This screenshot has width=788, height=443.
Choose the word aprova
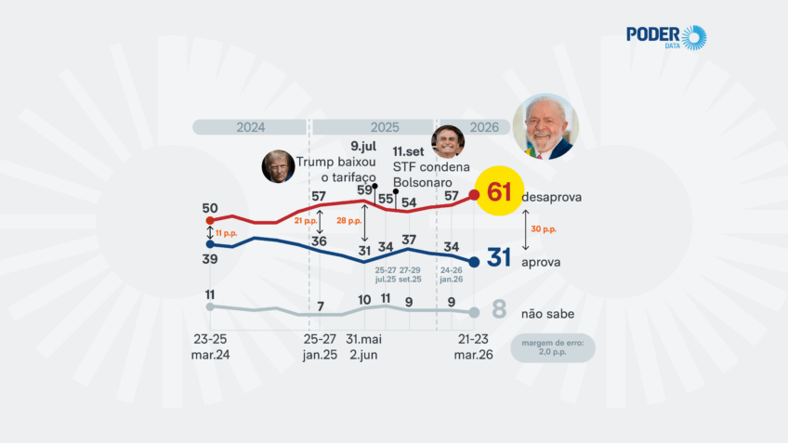coord(541,262)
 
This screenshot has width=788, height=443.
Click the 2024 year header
coord(251,127)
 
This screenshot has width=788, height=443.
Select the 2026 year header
coord(483,127)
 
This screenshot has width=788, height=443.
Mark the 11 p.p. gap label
coord(226,232)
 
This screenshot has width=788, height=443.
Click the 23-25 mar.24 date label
coord(210,346)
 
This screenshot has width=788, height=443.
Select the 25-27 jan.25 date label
coord(321,346)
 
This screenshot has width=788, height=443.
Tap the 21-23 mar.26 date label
coord(473,346)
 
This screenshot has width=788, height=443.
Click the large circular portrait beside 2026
coord(545,126)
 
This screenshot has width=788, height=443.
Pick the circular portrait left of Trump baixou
coord(278,166)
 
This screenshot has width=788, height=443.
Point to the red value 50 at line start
coord(210,208)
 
